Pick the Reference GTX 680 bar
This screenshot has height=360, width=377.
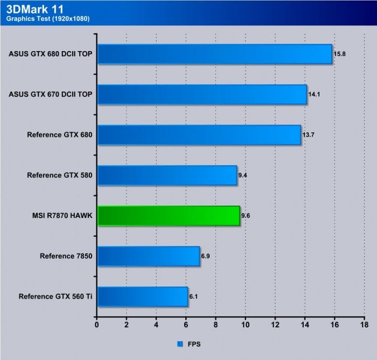pyautogui.click(x=199, y=135)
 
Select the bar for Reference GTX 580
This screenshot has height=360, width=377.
pyautogui.click(x=167, y=175)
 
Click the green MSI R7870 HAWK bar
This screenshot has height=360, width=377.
pyautogui.click(x=168, y=215)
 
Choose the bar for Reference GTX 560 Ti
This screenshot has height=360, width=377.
pyautogui.click(x=142, y=297)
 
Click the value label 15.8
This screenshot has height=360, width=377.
pyautogui.click(x=340, y=54)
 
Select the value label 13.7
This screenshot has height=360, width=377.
pyautogui.click(x=309, y=135)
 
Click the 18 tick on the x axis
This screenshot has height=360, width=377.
pyautogui.click(x=364, y=324)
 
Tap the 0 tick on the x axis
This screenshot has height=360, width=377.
pyautogui.click(x=97, y=324)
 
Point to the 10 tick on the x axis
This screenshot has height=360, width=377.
pyautogui.click(x=246, y=324)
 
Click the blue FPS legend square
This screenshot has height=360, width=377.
pyautogui.click(x=179, y=343)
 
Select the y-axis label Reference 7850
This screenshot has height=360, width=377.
pyautogui.click(x=66, y=256)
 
